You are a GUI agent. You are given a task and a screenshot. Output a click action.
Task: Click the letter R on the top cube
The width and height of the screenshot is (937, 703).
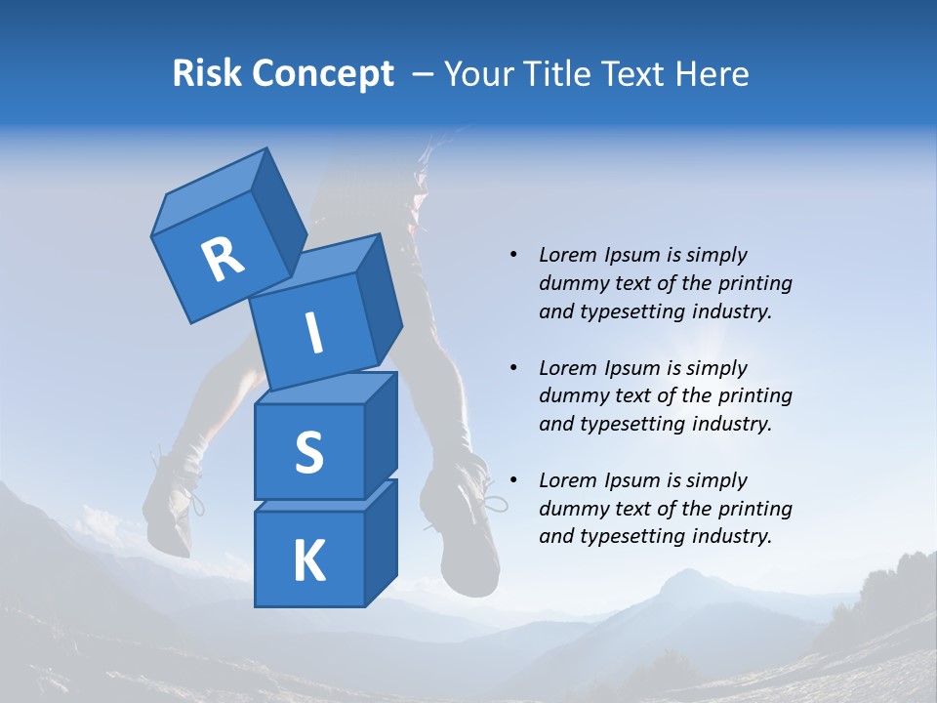point(223,260)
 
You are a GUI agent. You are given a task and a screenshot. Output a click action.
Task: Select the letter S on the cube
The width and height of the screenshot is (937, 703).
point(308,452)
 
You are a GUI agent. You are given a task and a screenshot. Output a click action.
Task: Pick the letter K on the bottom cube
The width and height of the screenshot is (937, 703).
point(308,561)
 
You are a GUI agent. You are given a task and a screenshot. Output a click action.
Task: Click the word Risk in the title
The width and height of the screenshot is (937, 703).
point(208,73)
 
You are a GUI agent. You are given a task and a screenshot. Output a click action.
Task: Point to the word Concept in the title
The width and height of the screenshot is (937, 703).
point(323,74)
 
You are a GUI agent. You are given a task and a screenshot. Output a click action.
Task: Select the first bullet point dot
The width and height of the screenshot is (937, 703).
point(513,255)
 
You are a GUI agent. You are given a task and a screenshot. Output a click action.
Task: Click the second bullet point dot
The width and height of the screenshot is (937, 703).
point(513,368)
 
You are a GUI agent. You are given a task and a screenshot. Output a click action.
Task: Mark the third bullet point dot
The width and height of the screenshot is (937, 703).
point(513,480)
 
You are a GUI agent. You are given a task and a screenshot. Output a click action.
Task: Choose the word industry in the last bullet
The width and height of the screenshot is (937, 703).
point(732,536)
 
